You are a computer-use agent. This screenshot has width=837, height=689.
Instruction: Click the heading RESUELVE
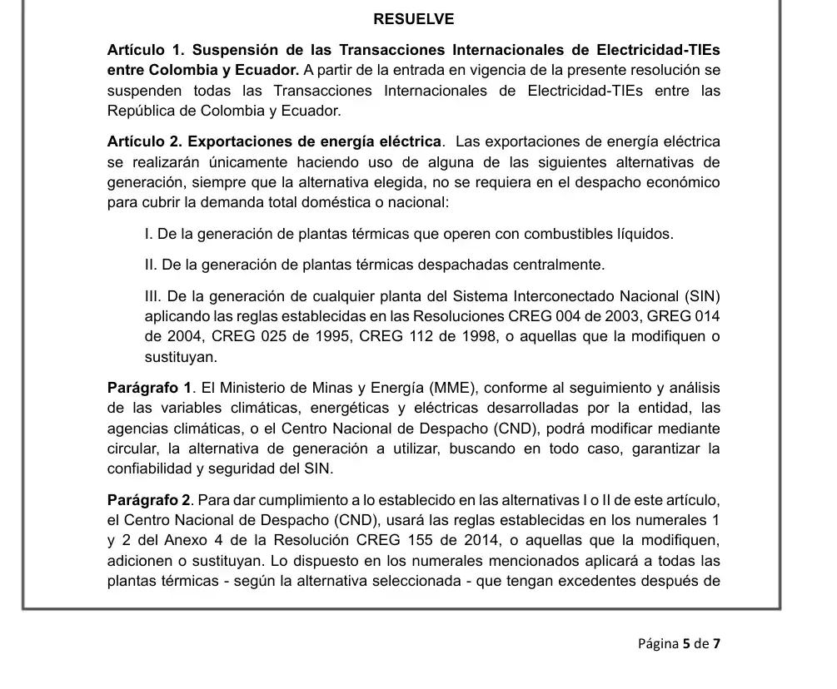pos(413,19)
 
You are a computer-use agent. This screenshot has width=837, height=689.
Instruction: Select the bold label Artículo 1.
pos(144,50)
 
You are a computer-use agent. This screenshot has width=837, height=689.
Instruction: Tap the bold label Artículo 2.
pos(144,141)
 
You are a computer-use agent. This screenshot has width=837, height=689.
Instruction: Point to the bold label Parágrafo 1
pos(150,388)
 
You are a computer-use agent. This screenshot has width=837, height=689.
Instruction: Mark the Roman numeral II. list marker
pos(152,265)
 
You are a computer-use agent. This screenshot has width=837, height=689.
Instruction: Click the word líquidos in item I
pos(645,234)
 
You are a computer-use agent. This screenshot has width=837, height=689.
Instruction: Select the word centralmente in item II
pos(561,265)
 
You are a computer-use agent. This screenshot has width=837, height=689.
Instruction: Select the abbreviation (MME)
pos(454,388)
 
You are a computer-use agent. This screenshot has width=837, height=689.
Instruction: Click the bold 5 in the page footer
pos(686,644)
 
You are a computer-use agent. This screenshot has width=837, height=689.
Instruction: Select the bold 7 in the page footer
pos(716,644)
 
